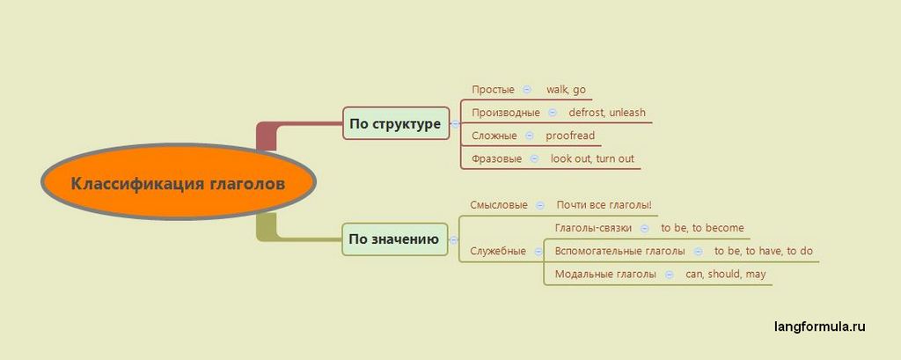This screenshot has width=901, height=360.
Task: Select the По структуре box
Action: [395, 124]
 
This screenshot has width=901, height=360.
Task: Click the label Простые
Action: [493, 90]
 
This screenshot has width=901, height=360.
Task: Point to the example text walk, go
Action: [566, 90]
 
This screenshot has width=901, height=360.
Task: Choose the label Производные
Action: [506, 113]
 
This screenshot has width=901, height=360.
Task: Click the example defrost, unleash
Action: [607, 113]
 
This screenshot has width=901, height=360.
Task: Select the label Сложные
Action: [494, 136]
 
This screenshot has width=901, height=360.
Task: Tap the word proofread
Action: [570, 136]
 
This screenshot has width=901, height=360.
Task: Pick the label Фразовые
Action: [496, 158]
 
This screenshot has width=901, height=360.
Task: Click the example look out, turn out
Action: [592, 158]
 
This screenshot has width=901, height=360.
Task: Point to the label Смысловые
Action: [499, 205]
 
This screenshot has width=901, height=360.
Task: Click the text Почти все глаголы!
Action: [604, 205]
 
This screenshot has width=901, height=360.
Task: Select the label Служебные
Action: [498, 251]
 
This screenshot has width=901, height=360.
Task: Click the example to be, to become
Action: [702, 228]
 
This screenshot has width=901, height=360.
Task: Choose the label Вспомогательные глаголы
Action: [619, 251]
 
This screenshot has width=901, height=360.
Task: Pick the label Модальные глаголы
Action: [605, 274]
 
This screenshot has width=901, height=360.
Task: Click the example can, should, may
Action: [726, 274]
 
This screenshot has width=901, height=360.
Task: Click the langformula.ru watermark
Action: [820, 327]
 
